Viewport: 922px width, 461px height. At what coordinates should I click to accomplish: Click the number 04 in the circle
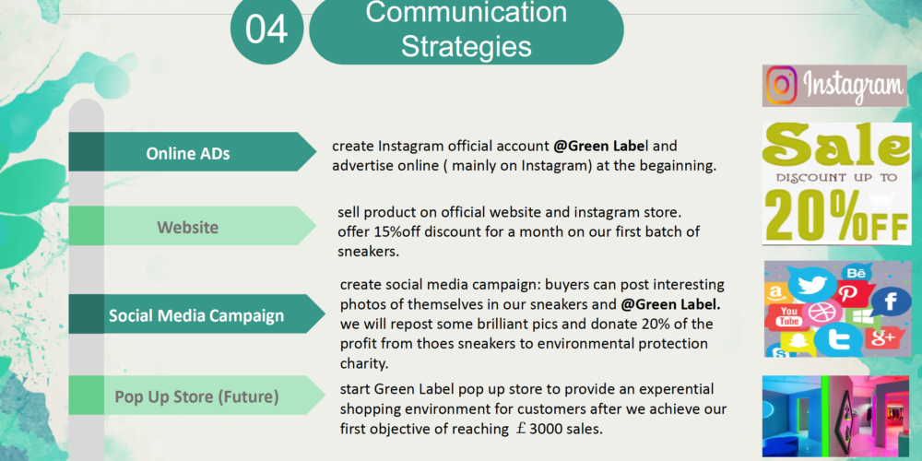pyautogui.click(x=266, y=29)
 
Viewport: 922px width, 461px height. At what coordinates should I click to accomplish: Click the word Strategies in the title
pyautogui.click(x=466, y=46)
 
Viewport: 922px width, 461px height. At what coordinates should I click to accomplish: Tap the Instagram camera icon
pyautogui.click(x=782, y=85)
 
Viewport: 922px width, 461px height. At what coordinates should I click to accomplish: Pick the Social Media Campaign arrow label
pyautogui.click(x=196, y=314)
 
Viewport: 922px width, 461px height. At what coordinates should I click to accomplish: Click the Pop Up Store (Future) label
pyautogui.click(x=196, y=396)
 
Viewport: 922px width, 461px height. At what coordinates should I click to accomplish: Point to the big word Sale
pyautogui.click(x=835, y=145)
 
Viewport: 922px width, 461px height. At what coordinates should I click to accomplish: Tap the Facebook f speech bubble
pyautogui.click(x=891, y=301)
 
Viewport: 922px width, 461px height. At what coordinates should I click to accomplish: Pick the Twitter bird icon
pyautogui.click(x=811, y=283)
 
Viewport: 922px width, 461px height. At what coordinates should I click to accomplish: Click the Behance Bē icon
pyautogui.click(x=857, y=273)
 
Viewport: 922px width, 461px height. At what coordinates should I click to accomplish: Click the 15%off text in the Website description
pyautogui.click(x=396, y=231)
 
